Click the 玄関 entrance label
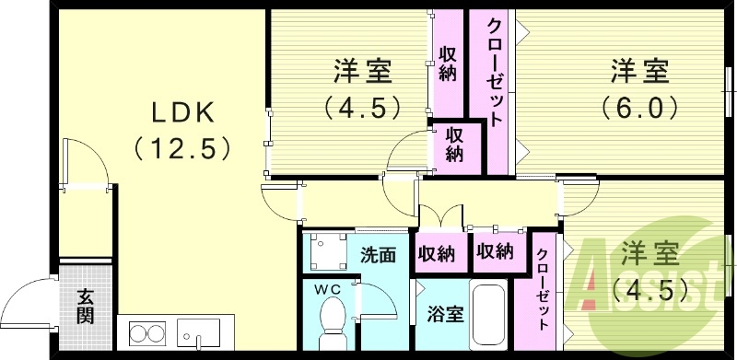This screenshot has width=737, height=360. [x=85, y=307]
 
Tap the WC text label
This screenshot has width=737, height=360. [x=329, y=289]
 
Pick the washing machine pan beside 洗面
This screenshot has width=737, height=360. [x=325, y=250]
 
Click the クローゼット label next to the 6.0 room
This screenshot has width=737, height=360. [x=494, y=74]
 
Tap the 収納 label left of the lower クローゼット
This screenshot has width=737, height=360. [x=494, y=250]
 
